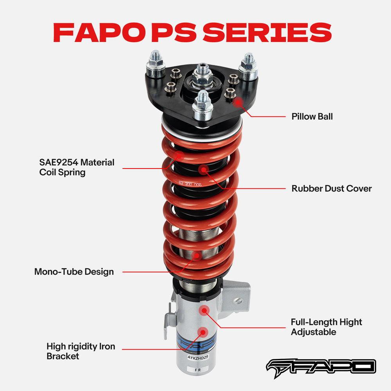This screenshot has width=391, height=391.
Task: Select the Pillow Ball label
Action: pos(312,117)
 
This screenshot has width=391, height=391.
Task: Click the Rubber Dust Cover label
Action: pos(331,188)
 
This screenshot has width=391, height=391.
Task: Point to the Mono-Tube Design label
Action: pos(74,271)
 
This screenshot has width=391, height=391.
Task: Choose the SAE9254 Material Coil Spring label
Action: pos(77,167)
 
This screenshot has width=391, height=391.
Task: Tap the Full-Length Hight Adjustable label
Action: pos(326,327)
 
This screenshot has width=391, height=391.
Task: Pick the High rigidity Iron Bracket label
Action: pos(81,351)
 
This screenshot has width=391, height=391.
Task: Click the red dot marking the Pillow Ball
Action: pos(237,102)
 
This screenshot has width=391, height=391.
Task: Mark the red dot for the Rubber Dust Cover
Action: pos(203,170)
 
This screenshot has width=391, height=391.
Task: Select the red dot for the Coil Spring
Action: pos(179,155)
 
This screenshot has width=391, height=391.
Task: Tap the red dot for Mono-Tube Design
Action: pos(196,255)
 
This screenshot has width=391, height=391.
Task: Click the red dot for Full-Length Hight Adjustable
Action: pos(203,310)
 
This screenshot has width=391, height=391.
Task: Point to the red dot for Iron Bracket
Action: pos(202,332)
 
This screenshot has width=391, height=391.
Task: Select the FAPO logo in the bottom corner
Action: pos(321,366)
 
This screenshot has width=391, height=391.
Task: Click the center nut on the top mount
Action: pos(202,72)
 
